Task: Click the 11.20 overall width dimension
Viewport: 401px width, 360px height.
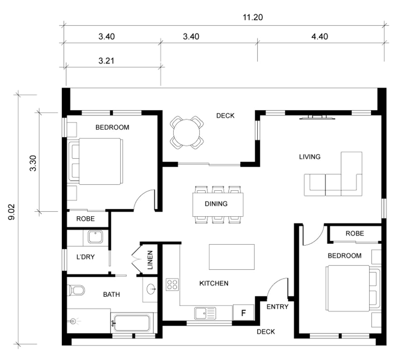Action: point(253,18)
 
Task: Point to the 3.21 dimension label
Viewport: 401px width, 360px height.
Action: point(106,61)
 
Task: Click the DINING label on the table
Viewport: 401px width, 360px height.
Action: point(216,204)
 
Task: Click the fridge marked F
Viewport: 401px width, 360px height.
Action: point(243,313)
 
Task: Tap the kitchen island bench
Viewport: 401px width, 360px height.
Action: point(232,257)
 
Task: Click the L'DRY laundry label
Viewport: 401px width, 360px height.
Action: point(85,257)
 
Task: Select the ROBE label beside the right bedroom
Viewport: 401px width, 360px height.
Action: point(355,233)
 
